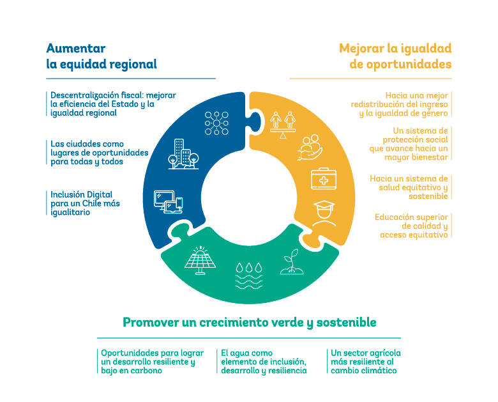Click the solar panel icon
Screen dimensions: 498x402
(x=200, y=260)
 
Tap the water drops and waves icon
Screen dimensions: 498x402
(x=249, y=275)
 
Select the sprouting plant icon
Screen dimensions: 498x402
(x=292, y=261)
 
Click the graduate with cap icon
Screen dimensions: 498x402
(x=324, y=213)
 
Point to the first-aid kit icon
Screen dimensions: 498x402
(x=324, y=179)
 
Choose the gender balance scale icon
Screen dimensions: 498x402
(x=283, y=125)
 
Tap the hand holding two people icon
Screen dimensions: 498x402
(x=310, y=147)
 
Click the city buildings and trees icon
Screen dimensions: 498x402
(x=184, y=154)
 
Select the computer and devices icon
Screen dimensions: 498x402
(x=169, y=201)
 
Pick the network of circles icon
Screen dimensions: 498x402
(x=216, y=123)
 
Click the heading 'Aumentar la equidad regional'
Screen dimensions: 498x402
(x=102, y=56)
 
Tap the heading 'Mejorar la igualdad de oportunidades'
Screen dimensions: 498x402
(x=395, y=56)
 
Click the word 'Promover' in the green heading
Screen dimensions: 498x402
(x=151, y=322)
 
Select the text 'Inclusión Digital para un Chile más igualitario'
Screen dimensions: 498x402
(x=85, y=203)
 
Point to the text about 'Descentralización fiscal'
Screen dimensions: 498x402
(x=113, y=104)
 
